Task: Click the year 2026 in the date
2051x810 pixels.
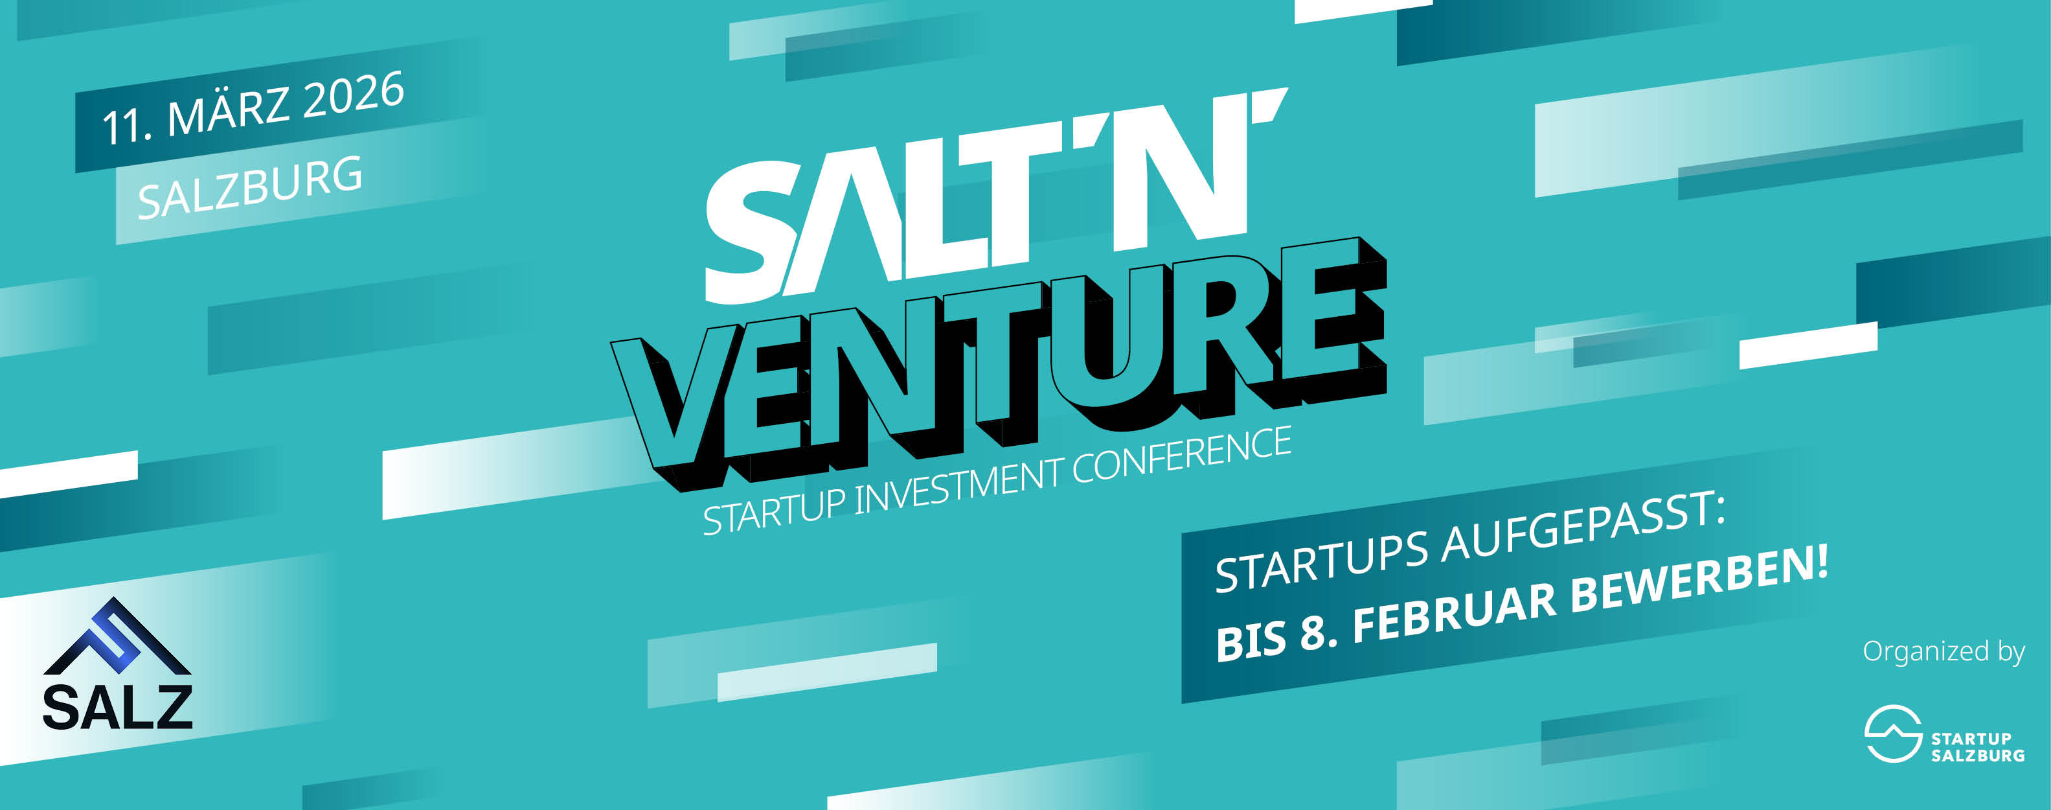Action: click(354, 97)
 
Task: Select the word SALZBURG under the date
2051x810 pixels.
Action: click(250, 188)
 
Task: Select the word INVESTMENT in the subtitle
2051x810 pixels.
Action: click(959, 484)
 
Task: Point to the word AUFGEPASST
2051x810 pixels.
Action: click(1585, 529)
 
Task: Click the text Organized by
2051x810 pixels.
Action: click(1943, 651)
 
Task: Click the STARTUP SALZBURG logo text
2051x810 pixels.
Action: click(1978, 747)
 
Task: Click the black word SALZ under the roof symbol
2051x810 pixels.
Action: click(117, 706)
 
